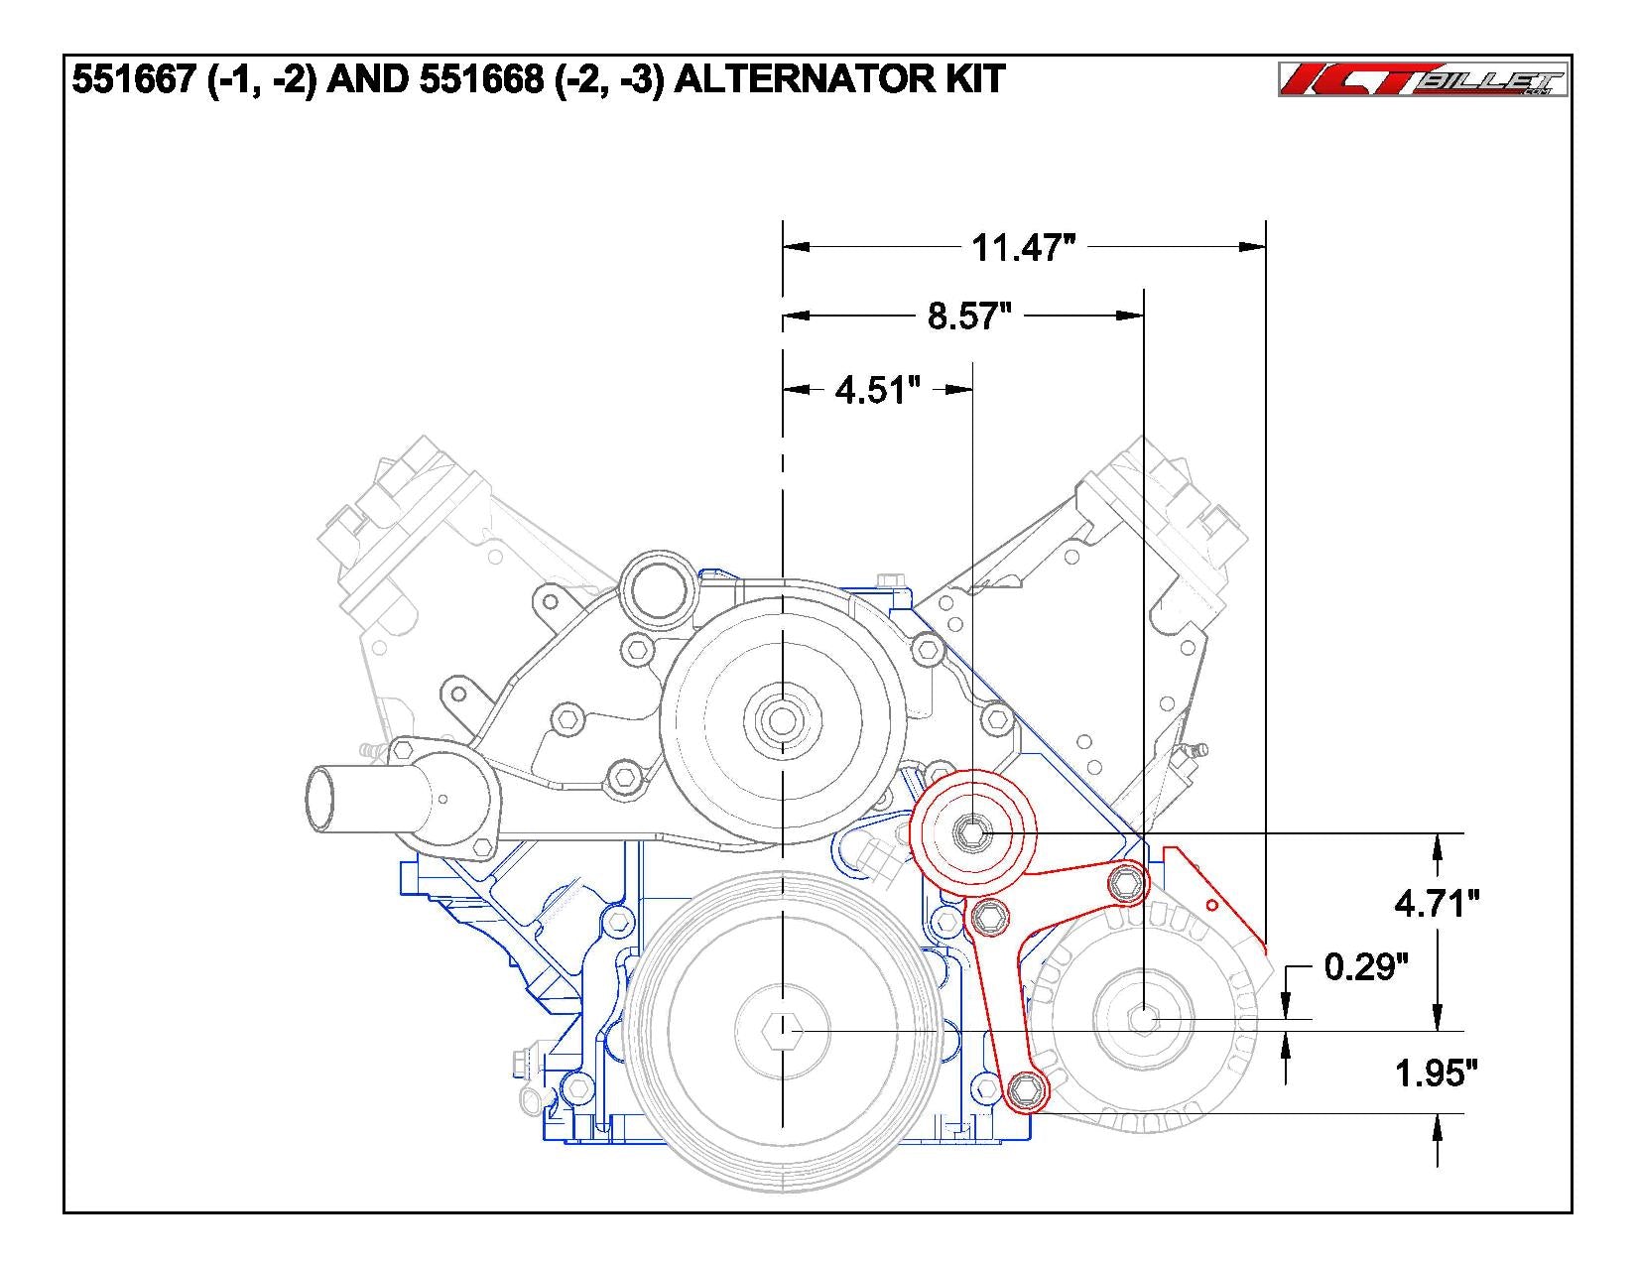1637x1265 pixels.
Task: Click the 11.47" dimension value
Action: pos(1023,246)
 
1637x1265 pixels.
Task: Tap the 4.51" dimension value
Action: pos(872,390)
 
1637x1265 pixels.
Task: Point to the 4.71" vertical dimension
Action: pos(1437,903)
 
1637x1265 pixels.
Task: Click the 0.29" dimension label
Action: pos(1366,966)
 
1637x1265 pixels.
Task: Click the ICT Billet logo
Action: pos(1423,80)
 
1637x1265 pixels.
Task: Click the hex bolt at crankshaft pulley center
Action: pos(783,1032)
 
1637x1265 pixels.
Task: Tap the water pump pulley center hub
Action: pos(783,719)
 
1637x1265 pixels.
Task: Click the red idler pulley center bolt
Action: pos(973,832)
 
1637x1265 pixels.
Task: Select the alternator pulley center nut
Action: pos(1144,1018)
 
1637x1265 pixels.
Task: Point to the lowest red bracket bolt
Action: pos(1026,1091)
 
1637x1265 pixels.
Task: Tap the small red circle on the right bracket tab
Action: pos(1211,905)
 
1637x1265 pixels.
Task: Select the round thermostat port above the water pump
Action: pos(655,594)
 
